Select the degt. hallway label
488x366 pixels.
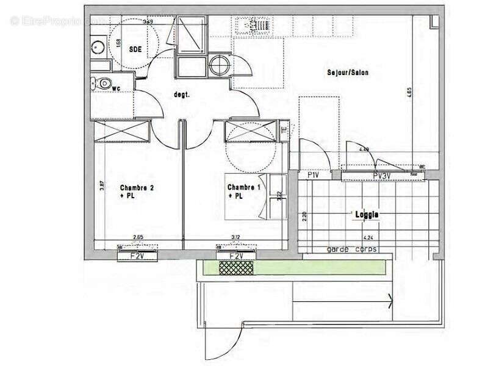click(182, 95)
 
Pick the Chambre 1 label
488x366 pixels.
click(243, 188)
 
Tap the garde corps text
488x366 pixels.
click(352, 249)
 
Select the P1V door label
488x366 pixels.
click(314, 175)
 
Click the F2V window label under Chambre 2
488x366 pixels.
click(137, 256)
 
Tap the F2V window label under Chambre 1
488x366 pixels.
click(237, 256)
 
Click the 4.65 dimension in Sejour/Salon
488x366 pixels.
click(418, 98)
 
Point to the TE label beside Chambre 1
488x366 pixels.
click(284, 129)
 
